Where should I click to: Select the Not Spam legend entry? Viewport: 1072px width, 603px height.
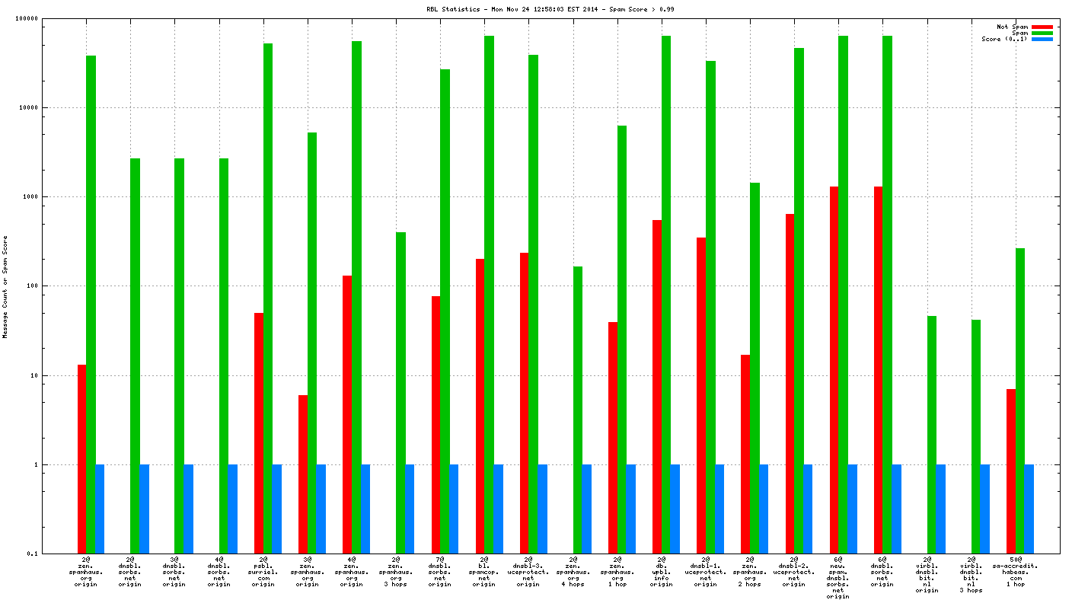tap(1012, 27)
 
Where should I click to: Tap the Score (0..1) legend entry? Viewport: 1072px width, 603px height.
tap(1004, 39)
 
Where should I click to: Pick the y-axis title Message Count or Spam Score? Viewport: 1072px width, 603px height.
tap(5, 286)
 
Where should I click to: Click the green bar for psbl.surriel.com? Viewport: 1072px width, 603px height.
tap(268, 297)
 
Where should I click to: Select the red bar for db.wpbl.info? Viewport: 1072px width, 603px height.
tap(657, 386)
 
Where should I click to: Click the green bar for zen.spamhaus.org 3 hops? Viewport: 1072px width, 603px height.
tap(400, 392)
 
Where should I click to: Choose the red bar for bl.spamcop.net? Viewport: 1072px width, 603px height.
tap(480, 406)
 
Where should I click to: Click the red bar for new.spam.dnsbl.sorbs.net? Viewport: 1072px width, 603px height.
tap(834, 369)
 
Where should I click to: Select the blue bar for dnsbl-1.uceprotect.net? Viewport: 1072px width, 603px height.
tap(719, 509)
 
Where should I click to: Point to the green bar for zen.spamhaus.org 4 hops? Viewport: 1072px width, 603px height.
tap(578, 410)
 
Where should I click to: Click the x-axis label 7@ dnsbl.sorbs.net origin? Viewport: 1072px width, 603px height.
tap(440, 573)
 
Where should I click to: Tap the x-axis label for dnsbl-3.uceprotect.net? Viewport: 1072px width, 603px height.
tap(528, 573)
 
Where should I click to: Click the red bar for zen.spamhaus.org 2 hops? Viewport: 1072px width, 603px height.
tap(745, 454)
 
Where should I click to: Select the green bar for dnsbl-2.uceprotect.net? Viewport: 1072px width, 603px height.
tap(799, 300)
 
